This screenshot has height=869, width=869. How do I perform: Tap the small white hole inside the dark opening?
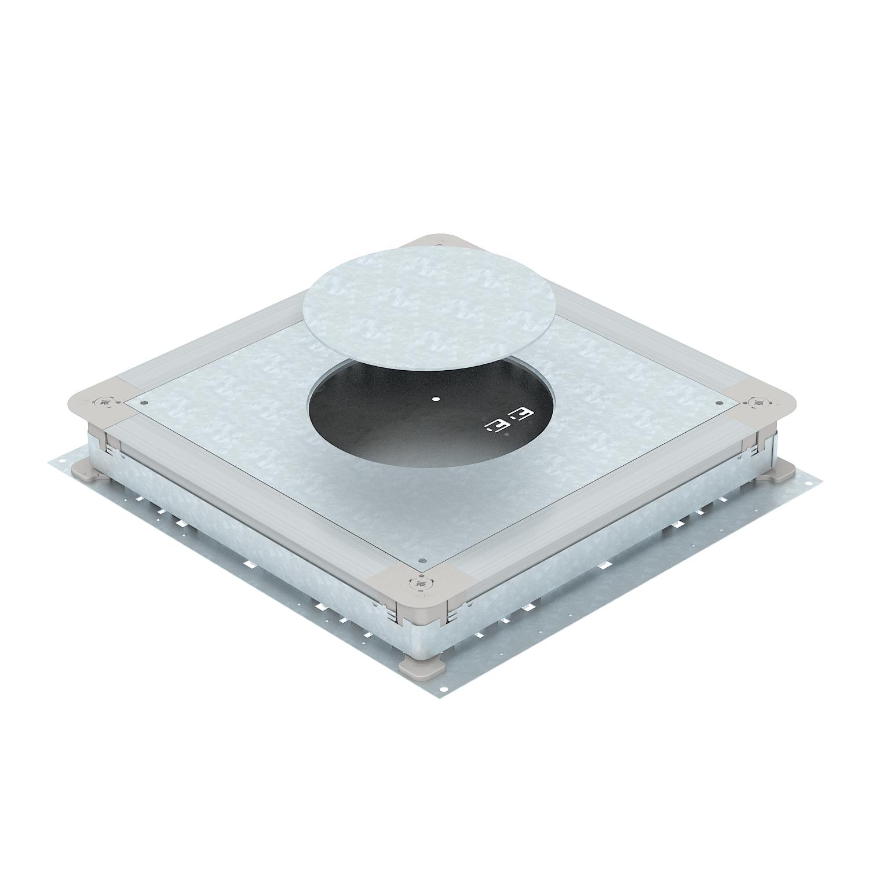(435, 399)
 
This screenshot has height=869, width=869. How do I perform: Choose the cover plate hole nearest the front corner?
(422, 561)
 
